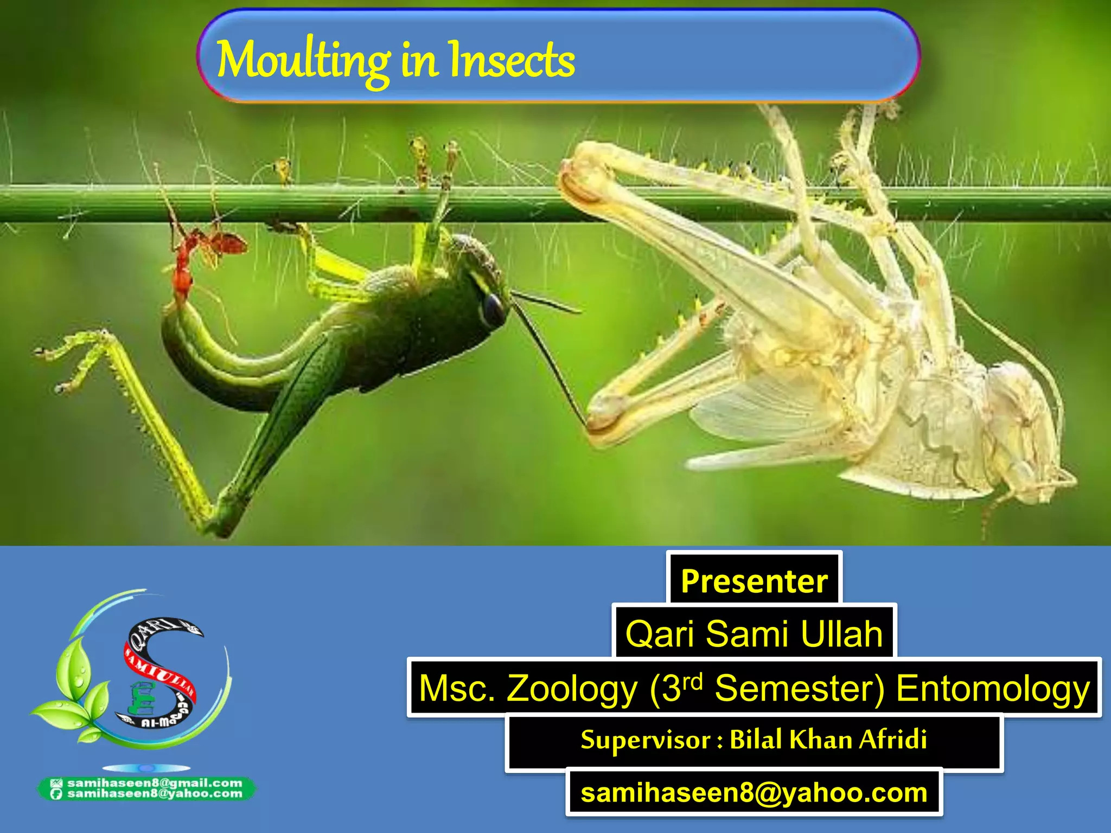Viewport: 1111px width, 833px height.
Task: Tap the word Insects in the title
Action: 512,61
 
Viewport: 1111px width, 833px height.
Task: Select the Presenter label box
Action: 754,581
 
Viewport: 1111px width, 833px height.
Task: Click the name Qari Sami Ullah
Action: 754,633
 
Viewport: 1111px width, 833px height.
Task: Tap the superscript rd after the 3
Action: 693,681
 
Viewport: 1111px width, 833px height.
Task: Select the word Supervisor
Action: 646,740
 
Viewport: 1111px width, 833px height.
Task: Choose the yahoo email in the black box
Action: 754,792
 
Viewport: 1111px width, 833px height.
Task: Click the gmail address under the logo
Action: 155,783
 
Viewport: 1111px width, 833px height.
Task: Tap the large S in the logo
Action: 157,672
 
